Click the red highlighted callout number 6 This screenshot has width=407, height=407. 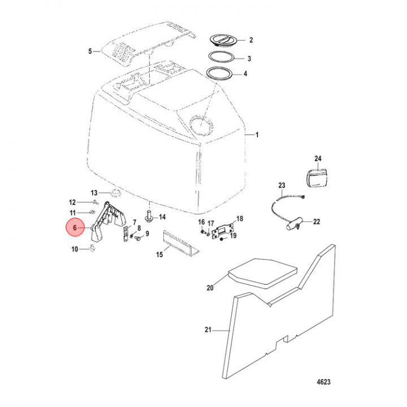click(x=72, y=228)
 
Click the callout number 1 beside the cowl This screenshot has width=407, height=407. click(x=258, y=135)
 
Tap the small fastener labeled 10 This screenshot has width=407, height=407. click(x=90, y=249)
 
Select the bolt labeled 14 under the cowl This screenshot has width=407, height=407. click(x=149, y=215)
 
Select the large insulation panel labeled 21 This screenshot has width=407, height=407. click(x=283, y=317)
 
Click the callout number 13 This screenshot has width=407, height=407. click(x=94, y=193)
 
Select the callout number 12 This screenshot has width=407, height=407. click(x=72, y=202)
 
